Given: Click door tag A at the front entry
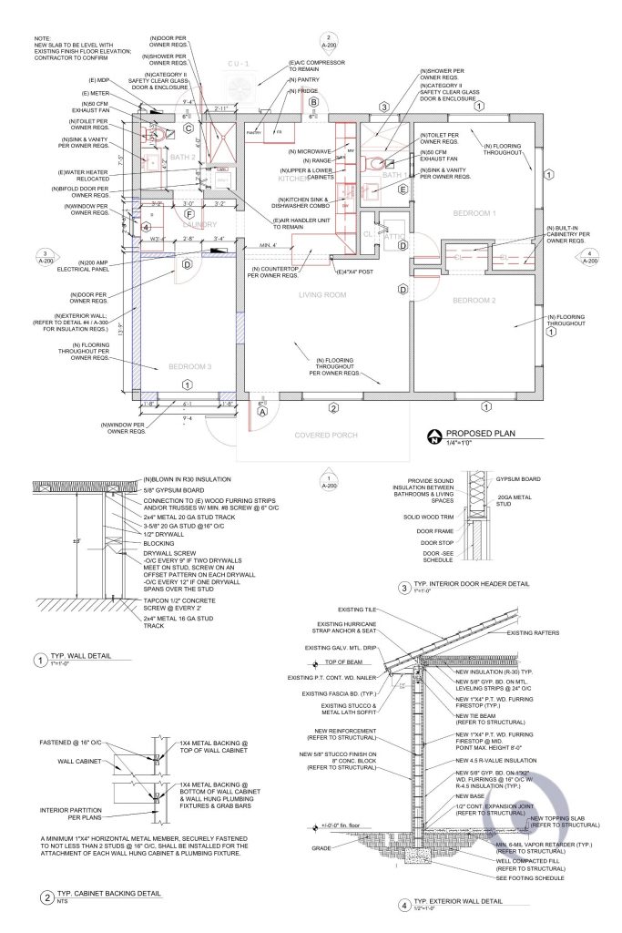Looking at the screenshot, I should click(263, 411).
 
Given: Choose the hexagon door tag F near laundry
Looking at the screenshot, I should click(189, 214).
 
